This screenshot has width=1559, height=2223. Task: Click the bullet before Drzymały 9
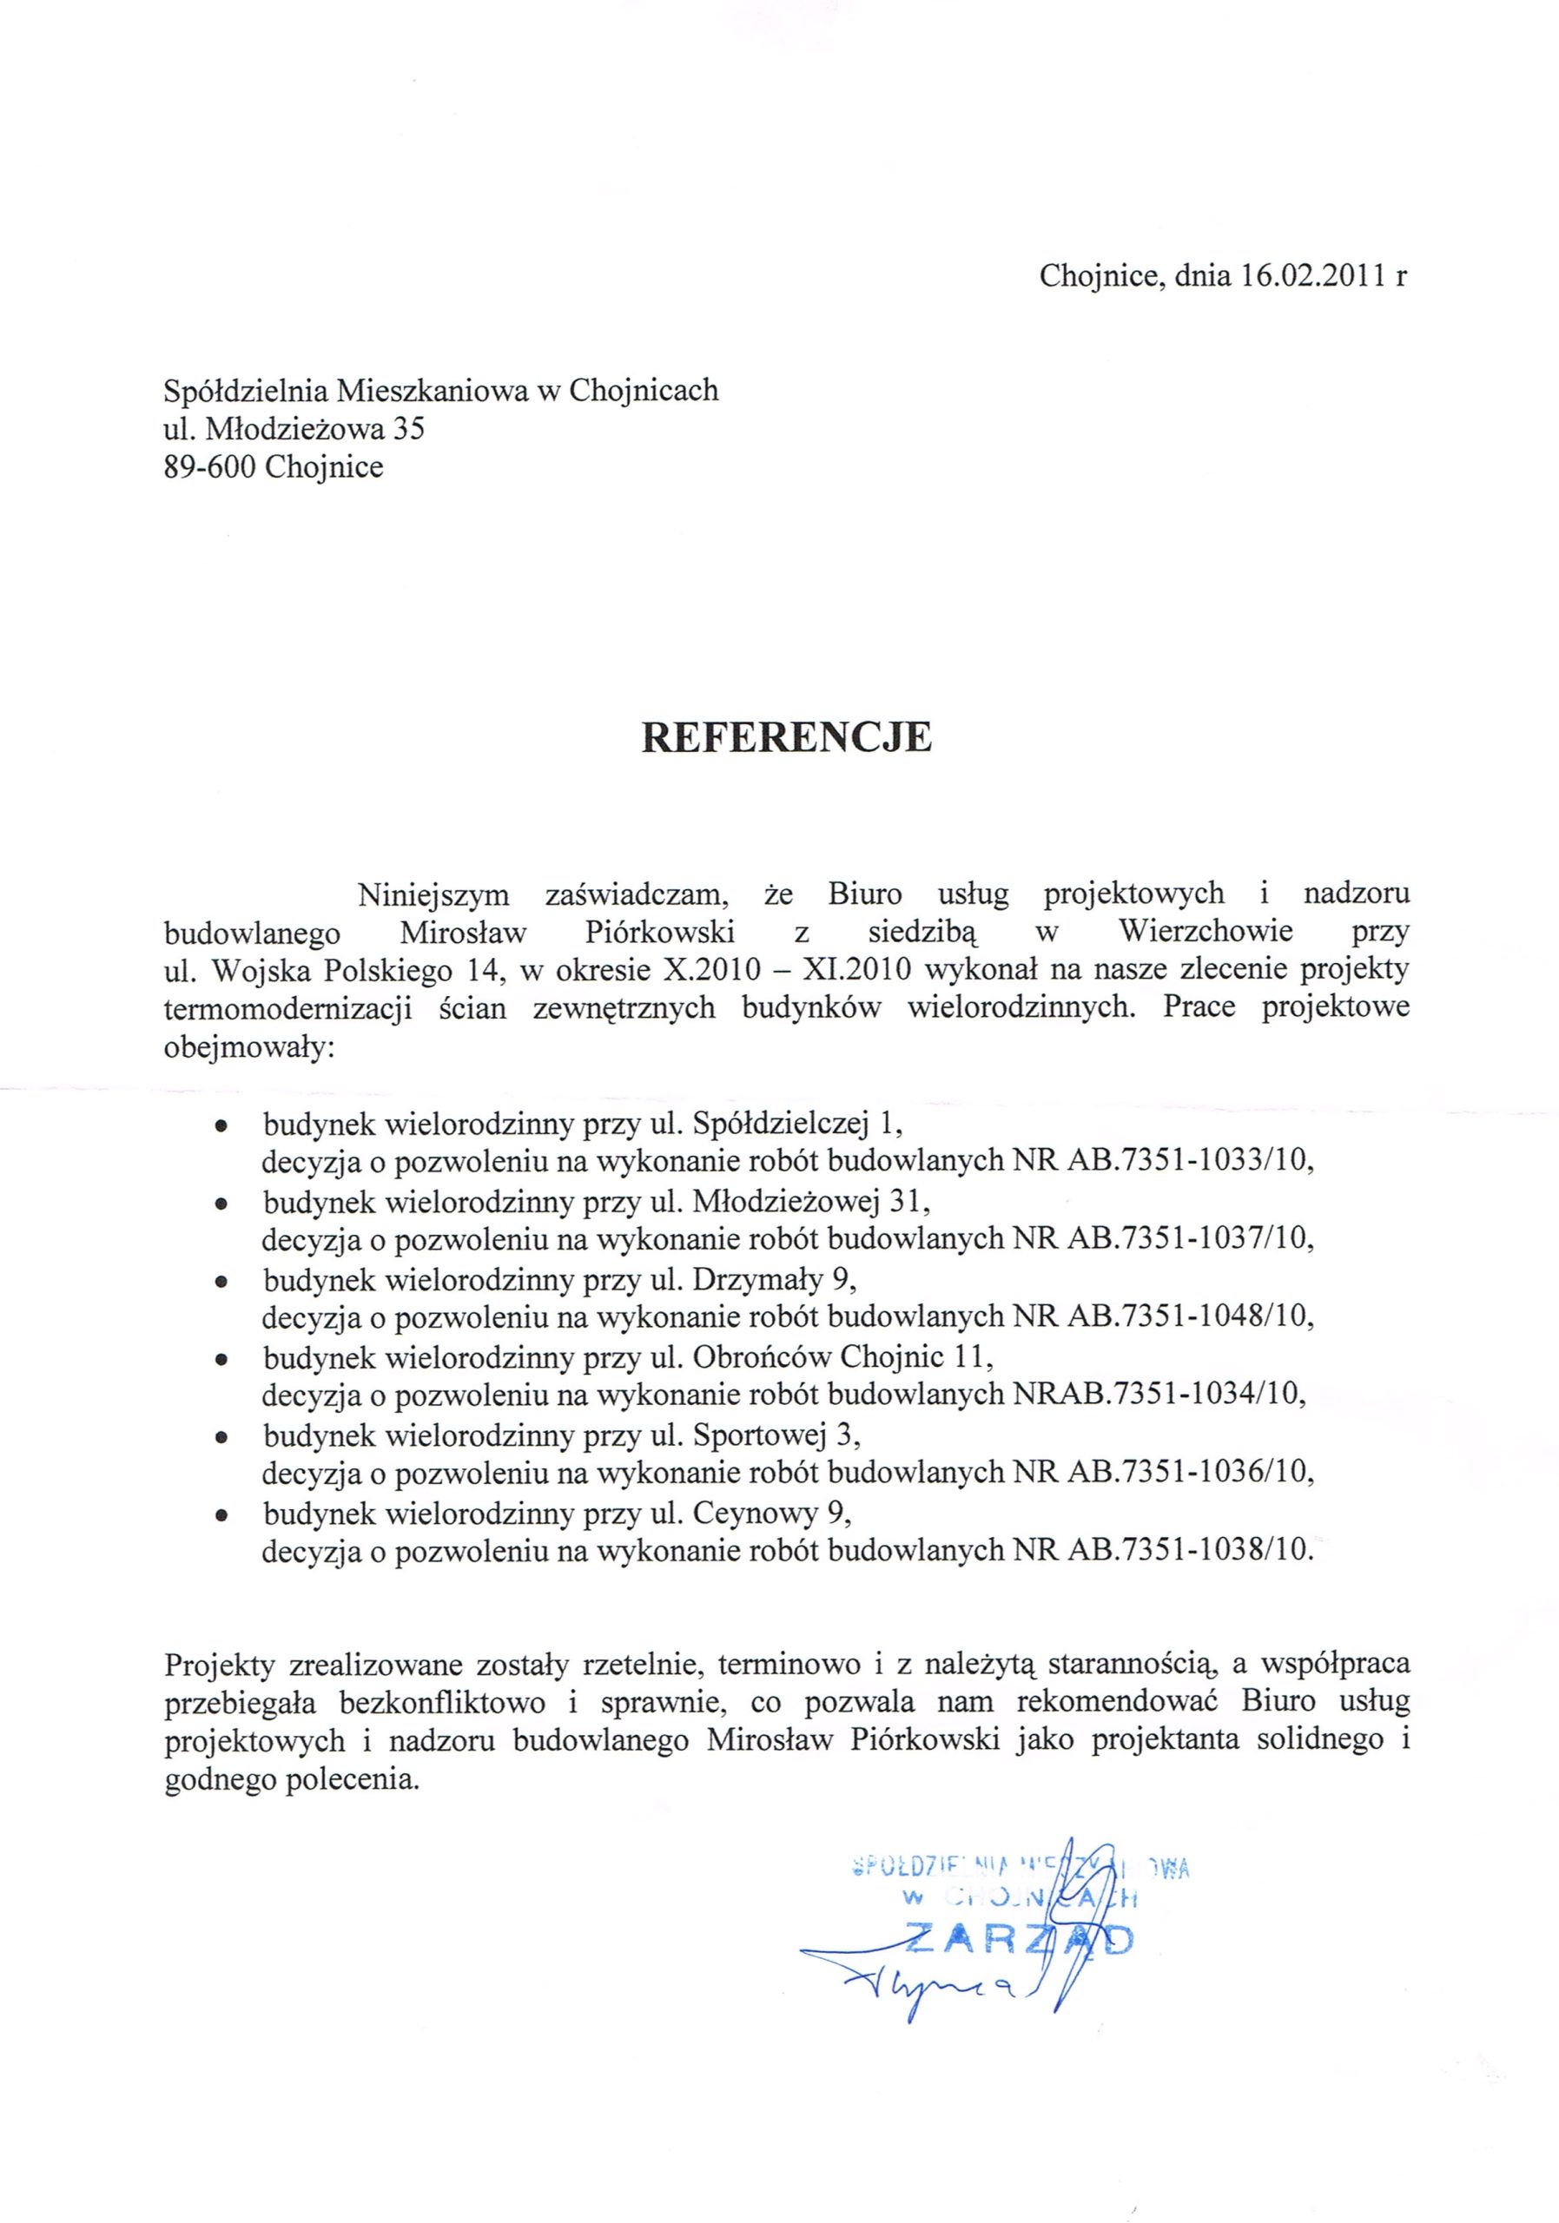coord(221,1282)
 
